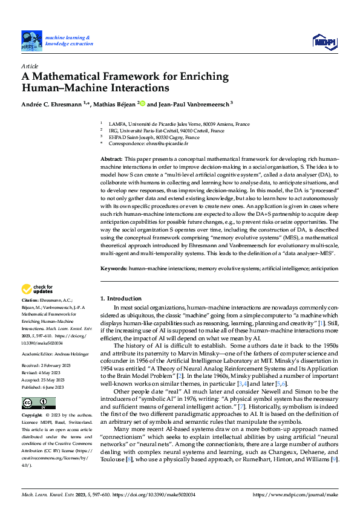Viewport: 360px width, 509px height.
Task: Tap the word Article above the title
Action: pyautogui.click(x=30, y=66)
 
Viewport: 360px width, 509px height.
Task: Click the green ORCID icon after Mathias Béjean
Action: pyautogui.click(x=143, y=103)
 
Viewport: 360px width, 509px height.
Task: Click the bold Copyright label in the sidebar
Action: pyautogui.click(x=32, y=417)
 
